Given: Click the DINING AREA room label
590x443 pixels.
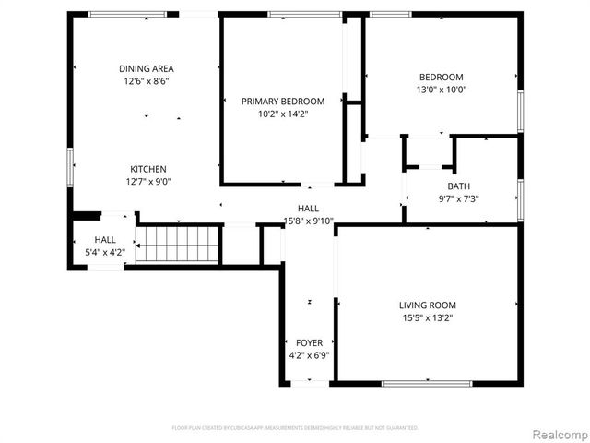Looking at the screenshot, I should pos(147,68).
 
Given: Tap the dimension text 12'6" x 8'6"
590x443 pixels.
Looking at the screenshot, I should pos(147,81).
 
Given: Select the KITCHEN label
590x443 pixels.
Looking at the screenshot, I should pos(147,169).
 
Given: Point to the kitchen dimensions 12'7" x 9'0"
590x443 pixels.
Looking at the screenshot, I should pos(147,182).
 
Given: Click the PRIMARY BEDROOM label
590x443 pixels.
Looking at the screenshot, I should pos(283,101).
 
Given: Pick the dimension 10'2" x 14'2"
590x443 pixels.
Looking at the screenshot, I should pos(283,114).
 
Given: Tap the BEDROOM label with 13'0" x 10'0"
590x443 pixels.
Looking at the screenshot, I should pos(442,77).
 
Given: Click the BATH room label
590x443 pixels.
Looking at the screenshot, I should pos(458,186).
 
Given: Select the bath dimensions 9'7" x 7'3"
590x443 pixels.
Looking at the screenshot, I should pos(458,198).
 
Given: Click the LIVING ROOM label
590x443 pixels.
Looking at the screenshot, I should pos(427,305).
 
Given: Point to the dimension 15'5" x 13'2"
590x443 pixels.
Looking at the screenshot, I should pos(427,317).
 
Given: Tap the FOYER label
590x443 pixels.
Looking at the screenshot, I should pos(309,342).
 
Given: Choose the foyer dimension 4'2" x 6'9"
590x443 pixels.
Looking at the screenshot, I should pos(309,355).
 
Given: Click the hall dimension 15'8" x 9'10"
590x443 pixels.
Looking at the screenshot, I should pos(308,221).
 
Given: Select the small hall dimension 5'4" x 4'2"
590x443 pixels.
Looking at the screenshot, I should pos(104,251).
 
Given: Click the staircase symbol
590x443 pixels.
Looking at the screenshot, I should pos(178,245).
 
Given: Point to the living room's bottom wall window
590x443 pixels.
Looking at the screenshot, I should pos(427,383).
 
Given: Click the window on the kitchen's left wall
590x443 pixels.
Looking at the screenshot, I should pos(69,168).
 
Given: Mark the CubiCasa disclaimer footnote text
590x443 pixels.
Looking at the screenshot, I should pos(295,428).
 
